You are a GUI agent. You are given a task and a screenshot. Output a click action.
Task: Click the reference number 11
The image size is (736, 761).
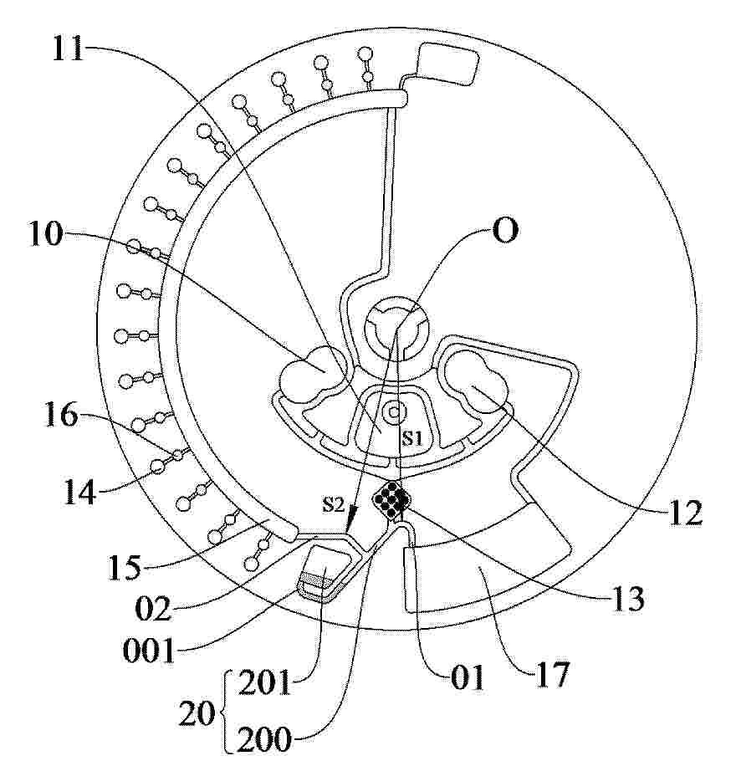[x=69, y=48]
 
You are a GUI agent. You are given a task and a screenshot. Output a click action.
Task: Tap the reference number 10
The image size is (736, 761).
[x=47, y=233]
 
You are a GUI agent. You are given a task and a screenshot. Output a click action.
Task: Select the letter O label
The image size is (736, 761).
[x=505, y=231]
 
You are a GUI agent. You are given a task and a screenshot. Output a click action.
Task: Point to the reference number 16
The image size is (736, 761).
[x=61, y=414]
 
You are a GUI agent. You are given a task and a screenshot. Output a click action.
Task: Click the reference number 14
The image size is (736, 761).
[x=80, y=492]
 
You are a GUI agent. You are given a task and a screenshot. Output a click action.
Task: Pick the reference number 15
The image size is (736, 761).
[x=125, y=567]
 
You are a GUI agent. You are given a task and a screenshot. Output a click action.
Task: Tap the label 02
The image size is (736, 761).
[x=153, y=609]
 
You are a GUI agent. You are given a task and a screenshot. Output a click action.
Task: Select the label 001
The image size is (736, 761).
[x=149, y=651]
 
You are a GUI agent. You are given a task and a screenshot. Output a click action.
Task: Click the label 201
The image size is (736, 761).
[x=264, y=682]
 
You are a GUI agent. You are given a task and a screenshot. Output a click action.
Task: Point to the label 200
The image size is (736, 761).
[x=264, y=739]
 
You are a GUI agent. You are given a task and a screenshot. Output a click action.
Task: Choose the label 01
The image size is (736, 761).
[x=468, y=677]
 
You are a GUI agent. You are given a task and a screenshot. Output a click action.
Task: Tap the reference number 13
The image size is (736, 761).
[x=628, y=598]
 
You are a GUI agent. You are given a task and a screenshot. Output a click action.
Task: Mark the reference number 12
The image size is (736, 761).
[x=686, y=513]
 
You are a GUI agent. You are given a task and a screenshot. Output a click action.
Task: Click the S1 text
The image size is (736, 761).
[x=412, y=439]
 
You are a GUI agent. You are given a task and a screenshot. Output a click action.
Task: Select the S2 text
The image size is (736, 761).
[x=334, y=505]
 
